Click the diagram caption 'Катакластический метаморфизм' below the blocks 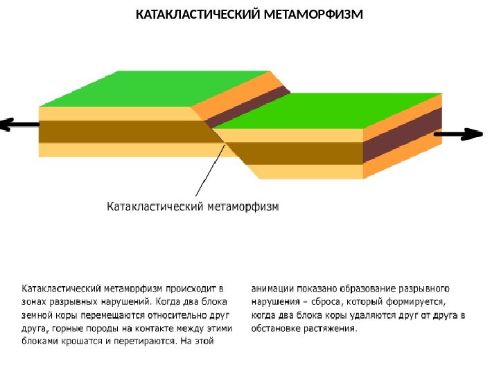point(193,206)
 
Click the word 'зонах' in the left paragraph point(35,301)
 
